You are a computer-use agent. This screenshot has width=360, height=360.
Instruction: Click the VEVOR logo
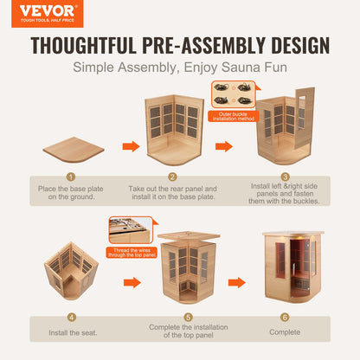(48, 14)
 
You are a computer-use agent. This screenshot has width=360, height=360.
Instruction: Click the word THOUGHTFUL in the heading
(83, 46)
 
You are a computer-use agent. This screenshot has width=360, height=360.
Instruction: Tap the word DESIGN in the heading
(300, 46)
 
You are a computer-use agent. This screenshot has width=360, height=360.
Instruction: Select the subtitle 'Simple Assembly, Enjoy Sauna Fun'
(180, 67)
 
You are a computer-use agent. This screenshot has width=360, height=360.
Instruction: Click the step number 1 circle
(71, 177)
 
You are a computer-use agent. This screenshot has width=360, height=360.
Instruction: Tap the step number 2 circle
(172, 177)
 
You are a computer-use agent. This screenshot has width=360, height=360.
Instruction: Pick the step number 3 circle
(285, 177)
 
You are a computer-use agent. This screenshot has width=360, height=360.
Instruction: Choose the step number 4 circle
(72, 318)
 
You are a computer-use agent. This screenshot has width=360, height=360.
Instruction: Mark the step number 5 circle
(188, 318)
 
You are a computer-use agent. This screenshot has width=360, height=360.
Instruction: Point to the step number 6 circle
(285, 318)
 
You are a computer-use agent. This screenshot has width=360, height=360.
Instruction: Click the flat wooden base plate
(74, 150)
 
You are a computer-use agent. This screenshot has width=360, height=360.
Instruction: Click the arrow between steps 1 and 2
(132, 146)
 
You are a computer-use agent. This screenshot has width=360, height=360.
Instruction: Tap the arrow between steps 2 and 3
(224, 146)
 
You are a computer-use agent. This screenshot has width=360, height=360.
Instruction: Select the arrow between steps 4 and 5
(132, 283)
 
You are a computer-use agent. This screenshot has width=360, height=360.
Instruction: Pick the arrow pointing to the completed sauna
(237, 283)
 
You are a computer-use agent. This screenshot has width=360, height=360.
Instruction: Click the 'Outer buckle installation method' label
(234, 116)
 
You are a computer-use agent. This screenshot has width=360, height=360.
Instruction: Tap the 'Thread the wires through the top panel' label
(132, 253)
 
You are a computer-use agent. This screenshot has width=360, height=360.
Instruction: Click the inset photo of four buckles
(234, 94)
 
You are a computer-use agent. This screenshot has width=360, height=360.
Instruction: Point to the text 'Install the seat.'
(73, 333)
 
